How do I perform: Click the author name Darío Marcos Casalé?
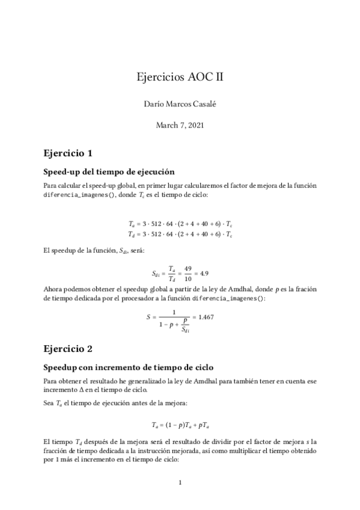[180, 104]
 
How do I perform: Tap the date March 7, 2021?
[180, 125]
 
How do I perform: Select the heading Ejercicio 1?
[67, 152]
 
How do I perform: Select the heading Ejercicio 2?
[67, 348]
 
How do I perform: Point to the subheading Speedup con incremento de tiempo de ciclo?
[129, 366]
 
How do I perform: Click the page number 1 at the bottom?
[180, 482]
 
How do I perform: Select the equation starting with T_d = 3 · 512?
[180, 233]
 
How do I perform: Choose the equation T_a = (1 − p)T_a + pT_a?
[180, 423]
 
